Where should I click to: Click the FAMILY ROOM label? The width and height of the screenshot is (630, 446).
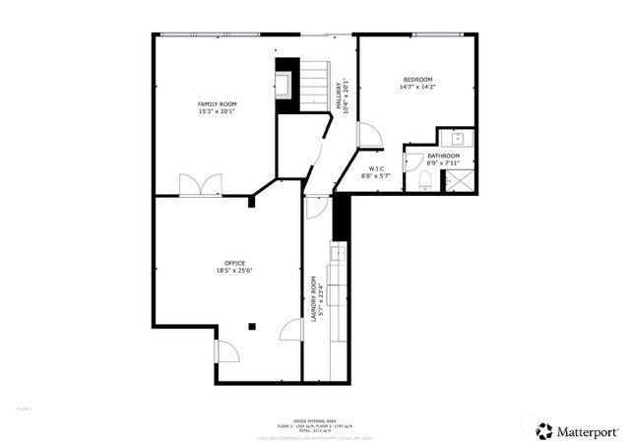pyautogui.click(x=218, y=103)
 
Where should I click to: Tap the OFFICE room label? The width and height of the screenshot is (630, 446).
pyautogui.click(x=234, y=263)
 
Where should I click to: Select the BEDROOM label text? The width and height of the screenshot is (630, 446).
pyautogui.click(x=417, y=79)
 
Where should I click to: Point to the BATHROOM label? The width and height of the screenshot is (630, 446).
pyautogui.click(x=443, y=156)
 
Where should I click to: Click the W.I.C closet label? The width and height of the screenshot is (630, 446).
pyautogui.click(x=376, y=169)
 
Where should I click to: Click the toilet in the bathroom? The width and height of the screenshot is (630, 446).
pyautogui.click(x=424, y=180)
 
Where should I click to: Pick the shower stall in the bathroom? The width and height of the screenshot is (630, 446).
pyautogui.click(x=458, y=181)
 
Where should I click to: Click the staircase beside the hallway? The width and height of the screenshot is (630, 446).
pyautogui.click(x=312, y=85)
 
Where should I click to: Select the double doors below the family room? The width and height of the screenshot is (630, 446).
pyautogui.click(x=193, y=185)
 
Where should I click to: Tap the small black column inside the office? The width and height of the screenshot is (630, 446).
pyautogui.click(x=252, y=326)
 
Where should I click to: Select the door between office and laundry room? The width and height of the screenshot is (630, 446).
pyautogui.click(x=292, y=333)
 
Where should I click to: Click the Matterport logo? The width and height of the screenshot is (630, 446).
pyautogui.click(x=576, y=430)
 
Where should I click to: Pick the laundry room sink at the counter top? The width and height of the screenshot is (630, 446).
pyautogui.click(x=338, y=254)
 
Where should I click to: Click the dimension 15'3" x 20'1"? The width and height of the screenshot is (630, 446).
pyautogui.click(x=218, y=111)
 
